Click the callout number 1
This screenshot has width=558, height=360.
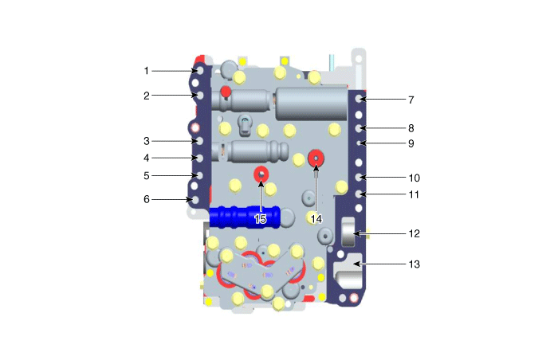tap(146, 71)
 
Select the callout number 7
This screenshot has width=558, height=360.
tap(411, 100)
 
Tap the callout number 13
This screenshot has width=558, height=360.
tap(415, 264)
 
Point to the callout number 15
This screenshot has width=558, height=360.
tap(261, 219)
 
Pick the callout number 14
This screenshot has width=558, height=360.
tap(316, 219)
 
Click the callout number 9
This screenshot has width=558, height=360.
tap(411, 143)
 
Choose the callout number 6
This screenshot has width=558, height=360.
tap(147, 199)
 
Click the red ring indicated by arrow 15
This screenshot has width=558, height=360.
tap(261, 174)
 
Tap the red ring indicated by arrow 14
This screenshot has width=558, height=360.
tap(316, 158)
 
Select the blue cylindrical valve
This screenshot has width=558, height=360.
tap(245, 217)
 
